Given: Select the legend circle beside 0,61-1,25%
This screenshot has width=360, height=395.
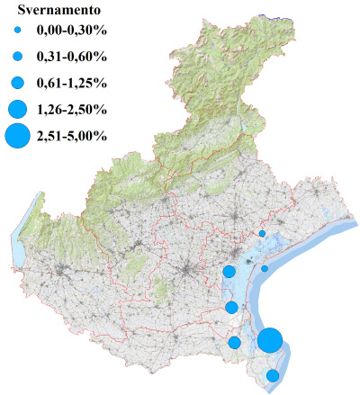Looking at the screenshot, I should (17, 83).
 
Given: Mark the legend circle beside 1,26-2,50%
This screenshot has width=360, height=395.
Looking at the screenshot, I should (17, 110).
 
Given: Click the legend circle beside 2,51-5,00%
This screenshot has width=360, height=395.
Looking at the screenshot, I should (17, 137).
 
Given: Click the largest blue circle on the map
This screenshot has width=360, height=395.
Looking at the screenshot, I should (270, 341).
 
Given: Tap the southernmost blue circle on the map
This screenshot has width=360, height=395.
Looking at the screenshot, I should (273, 375).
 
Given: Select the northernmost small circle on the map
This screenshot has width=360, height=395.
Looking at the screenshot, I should (262, 233).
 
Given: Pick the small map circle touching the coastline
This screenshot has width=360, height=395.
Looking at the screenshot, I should (265, 268).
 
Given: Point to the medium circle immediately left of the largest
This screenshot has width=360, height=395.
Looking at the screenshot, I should (235, 342).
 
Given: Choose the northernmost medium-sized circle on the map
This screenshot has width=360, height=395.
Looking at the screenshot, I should (229, 271).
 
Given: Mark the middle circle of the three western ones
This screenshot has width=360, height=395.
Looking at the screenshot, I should (231, 307).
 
